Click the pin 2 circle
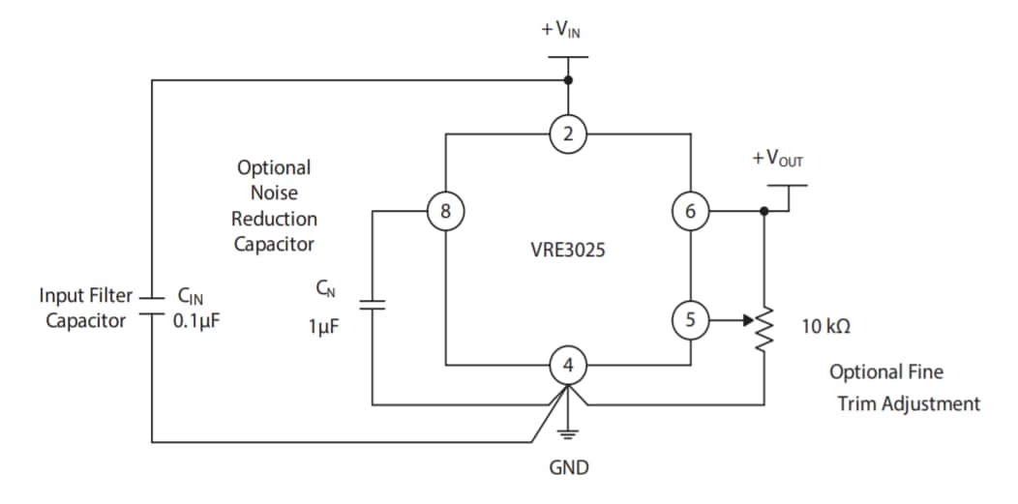pyautogui.click(x=568, y=134)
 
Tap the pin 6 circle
pyautogui.click(x=690, y=209)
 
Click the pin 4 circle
pyautogui.click(x=568, y=366)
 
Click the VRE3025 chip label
pyautogui.click(x=567, y=250)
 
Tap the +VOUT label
pyautogui.click(x=777, y=159)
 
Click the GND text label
pyautogui.click(x=568, y=468)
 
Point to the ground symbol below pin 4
pyautogui.click(x=568, y=432)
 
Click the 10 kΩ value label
pyautogui.click(x=825, y=327)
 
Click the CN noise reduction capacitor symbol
pyautogui.click(x=372, y=305)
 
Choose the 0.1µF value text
pyautogui.click(x=196, y=320)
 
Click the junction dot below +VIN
pyautogui.click(x=568, y=80)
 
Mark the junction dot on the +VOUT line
pyautogui.click(x=764, y=209)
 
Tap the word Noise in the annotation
pyautogui.click(x=274, y=193)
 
